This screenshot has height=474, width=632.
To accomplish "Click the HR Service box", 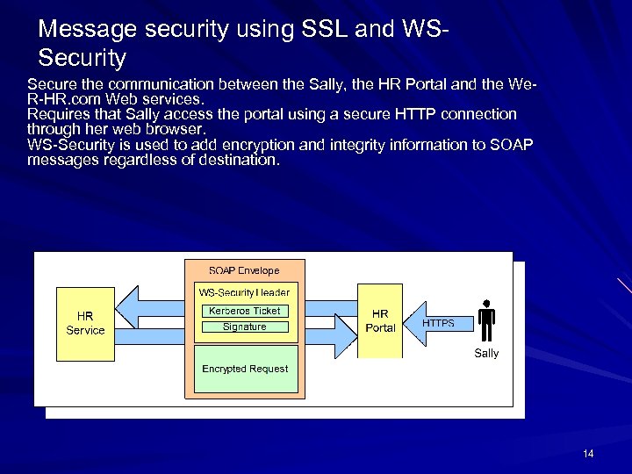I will [x=85, y=323].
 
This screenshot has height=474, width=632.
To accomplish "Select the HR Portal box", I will [x=380, y=320].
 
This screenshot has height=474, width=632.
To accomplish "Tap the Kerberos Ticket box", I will [x=244, y=311].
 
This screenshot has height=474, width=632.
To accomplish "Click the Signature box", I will [x=244, y=327].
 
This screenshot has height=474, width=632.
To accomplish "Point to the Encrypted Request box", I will [x=244, y=369].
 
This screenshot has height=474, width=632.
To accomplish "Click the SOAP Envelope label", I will [x=244, y=270].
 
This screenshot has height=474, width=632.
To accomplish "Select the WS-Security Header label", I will [x=244, y=292].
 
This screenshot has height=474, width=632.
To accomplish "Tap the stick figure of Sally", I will [x=485, y=321].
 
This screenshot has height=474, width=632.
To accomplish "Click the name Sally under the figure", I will [x=486, y=353].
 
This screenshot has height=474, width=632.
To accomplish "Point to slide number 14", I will [x=587, y=453].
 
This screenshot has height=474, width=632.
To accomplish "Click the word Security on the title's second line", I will [x=83, y=59].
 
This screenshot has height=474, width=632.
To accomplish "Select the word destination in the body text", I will [x=234, y=161].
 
